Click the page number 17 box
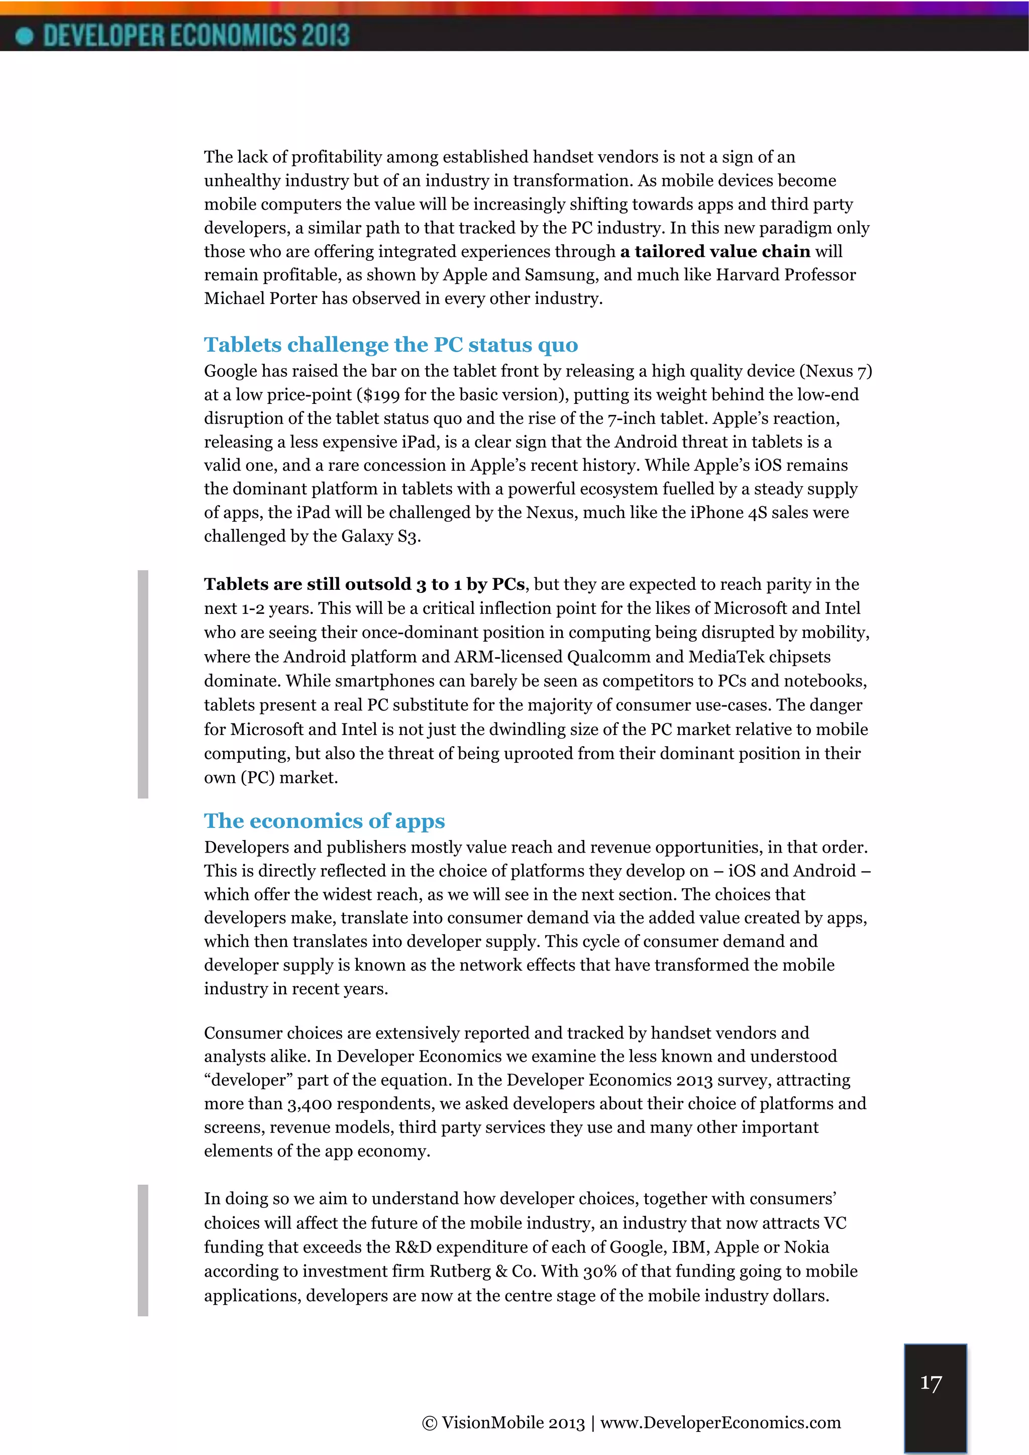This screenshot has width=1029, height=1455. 935,1397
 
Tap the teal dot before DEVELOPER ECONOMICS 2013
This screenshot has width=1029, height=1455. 24,36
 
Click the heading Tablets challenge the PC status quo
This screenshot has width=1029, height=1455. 390,345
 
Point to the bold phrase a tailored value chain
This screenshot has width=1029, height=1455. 715,252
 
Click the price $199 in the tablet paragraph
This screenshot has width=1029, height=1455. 381,395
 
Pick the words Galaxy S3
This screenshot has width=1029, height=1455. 380,537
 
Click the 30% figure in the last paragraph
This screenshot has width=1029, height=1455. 599,1271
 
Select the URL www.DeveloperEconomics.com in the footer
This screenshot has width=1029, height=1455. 720,1423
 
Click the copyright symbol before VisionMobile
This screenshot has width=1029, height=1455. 429,1423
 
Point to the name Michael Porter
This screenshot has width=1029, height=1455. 260,298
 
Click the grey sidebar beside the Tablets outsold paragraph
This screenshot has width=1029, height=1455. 143,684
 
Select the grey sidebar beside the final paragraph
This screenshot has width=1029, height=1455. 143,1250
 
